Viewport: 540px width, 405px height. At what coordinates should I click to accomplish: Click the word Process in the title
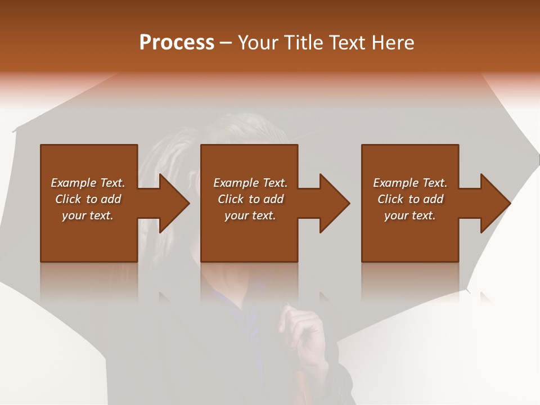point(177,43)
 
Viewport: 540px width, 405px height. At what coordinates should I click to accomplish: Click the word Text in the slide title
point(348,43)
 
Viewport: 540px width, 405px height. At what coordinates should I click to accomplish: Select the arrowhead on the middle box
point(333,203)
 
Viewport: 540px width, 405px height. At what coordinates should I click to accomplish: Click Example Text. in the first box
point(88,183)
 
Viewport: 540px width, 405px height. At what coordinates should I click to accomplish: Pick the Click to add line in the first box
point(88,199)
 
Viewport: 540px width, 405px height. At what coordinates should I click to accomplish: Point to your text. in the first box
point(88,215)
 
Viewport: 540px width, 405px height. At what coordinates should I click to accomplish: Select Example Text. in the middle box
point(250,183)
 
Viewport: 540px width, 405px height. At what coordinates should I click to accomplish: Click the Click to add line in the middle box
point(250,199)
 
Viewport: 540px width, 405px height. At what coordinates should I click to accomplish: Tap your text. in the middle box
point(250,215)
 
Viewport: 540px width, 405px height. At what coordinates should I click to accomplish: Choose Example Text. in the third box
point(410,183)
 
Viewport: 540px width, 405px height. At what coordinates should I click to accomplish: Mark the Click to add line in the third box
point(410,199)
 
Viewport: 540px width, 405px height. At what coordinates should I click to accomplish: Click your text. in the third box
point(410,215)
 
